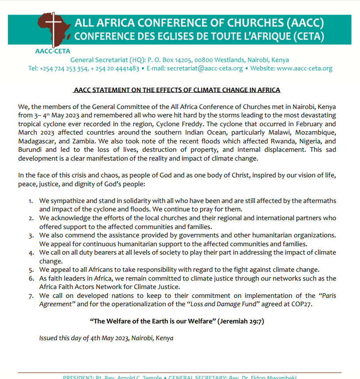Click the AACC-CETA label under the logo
(53, 51)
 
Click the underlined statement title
(177, 90)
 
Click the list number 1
(30, 201)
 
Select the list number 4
(31, 253)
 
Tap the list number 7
(31, 296)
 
